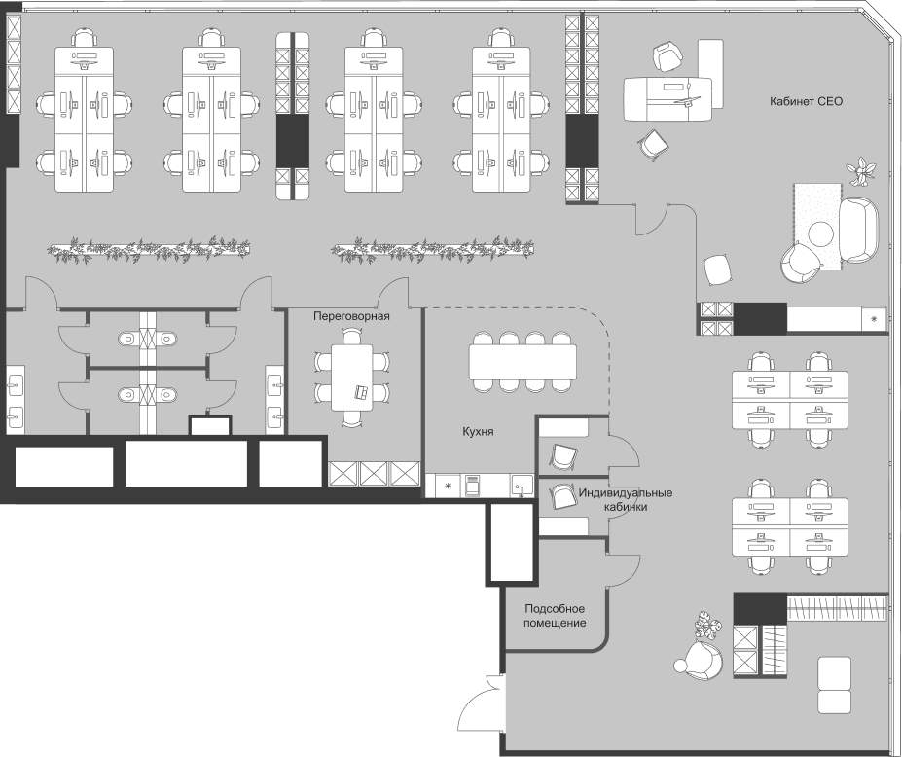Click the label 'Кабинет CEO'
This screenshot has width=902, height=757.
click(806, 101)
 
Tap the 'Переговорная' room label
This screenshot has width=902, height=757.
click(351, 317)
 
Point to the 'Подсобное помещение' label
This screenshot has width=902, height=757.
click(555, 615)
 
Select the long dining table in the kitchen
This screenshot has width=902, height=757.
click(523, 363)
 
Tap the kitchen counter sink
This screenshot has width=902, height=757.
click(521, 485)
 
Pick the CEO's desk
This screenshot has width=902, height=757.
click(667, 97)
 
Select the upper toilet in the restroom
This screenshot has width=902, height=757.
click(127, 339)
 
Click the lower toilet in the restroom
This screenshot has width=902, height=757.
click(127, 395)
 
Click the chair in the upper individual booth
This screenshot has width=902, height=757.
click(563, 456)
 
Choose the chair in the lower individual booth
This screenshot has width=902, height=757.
click(563, 496)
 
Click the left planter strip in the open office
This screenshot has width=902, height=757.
click(148, 250)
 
